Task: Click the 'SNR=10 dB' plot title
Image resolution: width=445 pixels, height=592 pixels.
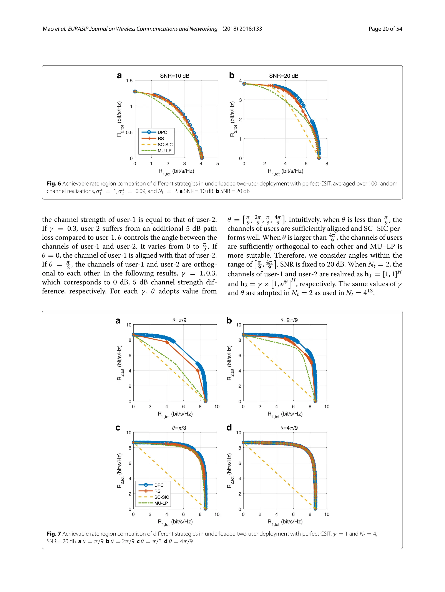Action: pyautogui.click(x=175, y=76)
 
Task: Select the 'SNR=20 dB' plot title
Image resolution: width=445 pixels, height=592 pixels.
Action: pyautogui.click(x=284, y=76)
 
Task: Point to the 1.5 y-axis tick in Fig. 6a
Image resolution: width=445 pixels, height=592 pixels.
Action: pyautogui.click(x=129, y=81)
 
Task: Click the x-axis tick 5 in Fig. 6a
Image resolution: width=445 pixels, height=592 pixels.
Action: pyautogui.click(x=218, y=163)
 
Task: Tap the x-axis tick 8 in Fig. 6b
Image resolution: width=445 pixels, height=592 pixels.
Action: pyautogui.click(x=327, y=163)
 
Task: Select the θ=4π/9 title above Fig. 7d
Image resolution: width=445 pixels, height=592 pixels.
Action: pyautogui.click(x=289, y=428)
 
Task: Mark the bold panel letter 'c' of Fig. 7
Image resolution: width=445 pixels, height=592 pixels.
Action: pyautogui.click(x=118, y=428)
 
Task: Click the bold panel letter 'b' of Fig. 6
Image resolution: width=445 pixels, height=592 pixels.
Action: pyautogui.click(x=232, y=75)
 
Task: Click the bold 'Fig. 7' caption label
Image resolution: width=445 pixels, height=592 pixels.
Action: pyautogui.click(x=53, y=534)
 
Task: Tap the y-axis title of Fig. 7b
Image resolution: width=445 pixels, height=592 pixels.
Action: pyautogui.click(x=229, y=363)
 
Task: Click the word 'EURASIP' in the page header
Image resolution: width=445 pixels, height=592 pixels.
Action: pyautogui.click(x=78, y=29)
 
